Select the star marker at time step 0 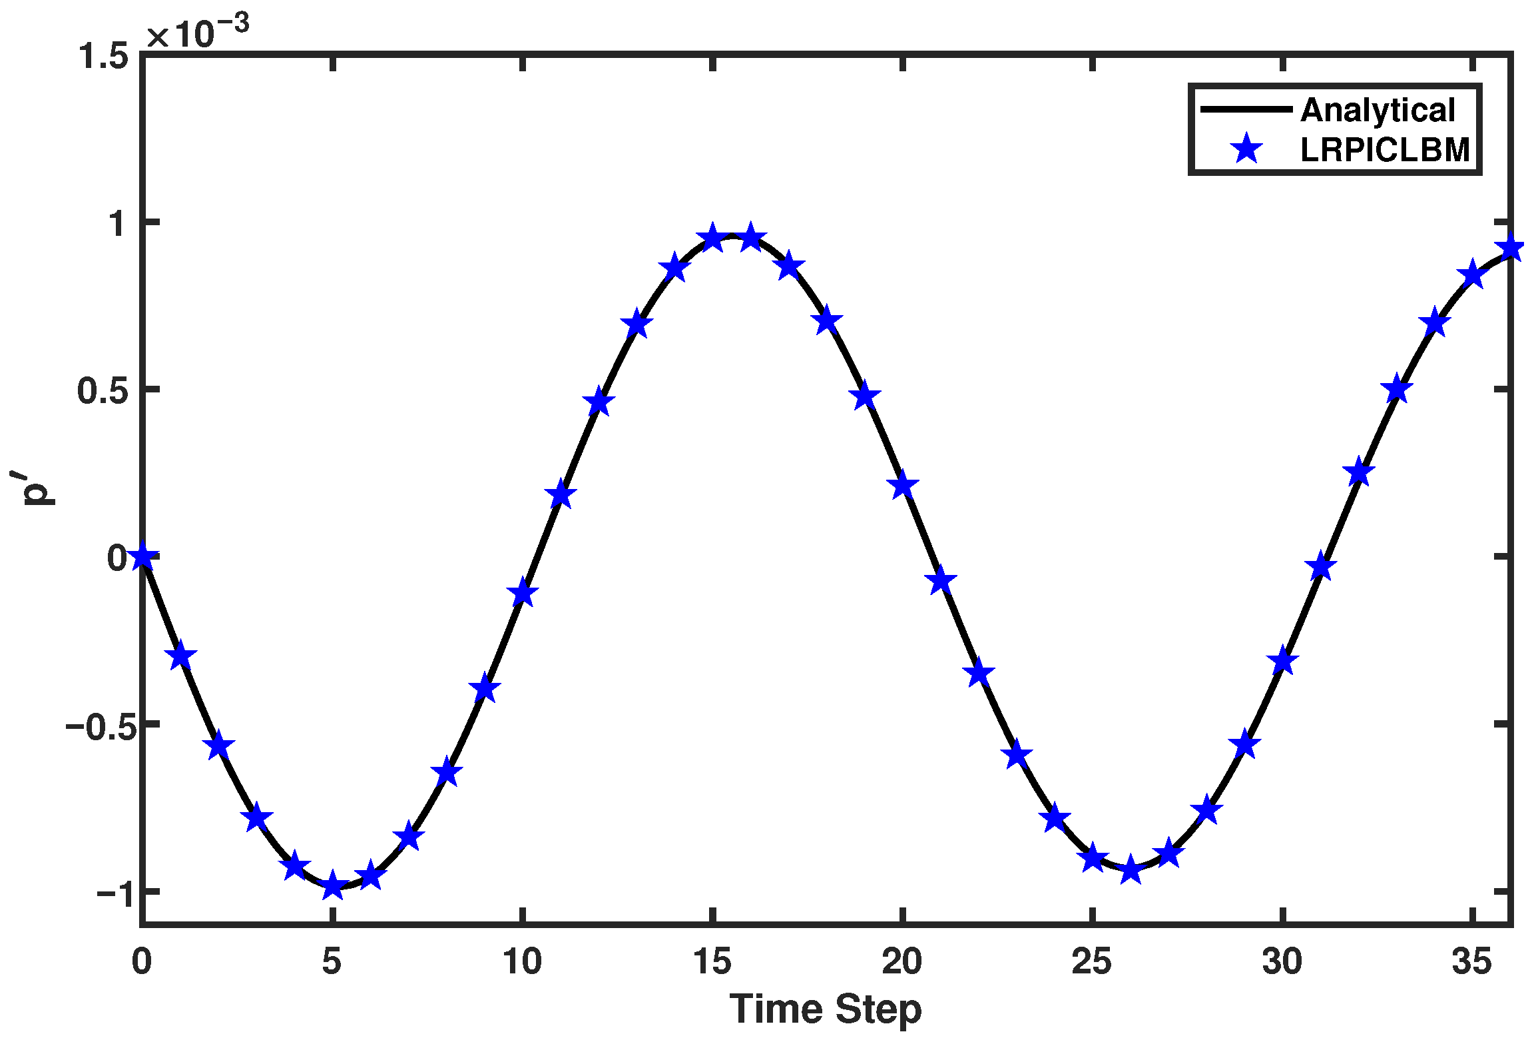pos(142,556)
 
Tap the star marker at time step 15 pos(712,238)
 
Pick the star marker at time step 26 pos(1131,869)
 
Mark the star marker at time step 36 pos(1511,248)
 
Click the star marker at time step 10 pos(523,592)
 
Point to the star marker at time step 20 pos(903,485)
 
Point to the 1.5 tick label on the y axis pos(103,56)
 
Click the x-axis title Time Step pos(826,1009)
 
